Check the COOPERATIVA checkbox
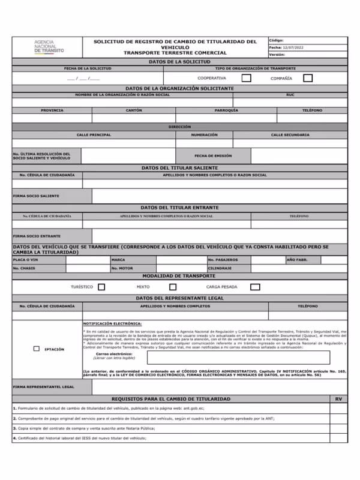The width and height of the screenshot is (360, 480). click(x=245, y=78)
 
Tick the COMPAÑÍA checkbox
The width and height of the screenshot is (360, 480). click(x=308, y=78)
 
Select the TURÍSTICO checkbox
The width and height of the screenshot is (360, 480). click(x=101, y=287)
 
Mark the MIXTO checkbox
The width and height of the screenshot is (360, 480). click(x=173, y=287)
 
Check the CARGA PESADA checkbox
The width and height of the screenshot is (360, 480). click(x=255, y=287)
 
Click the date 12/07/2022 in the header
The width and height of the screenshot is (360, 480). click(x=295, y=47)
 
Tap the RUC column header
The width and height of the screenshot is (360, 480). click(x=290, y=95)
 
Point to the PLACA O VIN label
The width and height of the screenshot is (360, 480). click(x=25, y=259)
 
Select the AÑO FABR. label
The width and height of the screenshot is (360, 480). click(x=297, y=259)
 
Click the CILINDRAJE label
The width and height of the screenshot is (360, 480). click(x=220, y=268)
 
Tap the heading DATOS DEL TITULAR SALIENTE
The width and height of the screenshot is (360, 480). click(x=179, y=167)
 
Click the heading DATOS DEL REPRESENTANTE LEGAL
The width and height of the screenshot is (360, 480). click(x=179, y=298)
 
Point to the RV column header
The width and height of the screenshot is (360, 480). click(x=338, y=398)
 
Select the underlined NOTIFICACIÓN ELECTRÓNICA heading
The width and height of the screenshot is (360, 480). click(x=112, y=323)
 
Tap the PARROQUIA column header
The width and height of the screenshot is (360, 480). click(x=226, y=110)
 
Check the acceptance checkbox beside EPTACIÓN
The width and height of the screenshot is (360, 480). click(x=37, y=349)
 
